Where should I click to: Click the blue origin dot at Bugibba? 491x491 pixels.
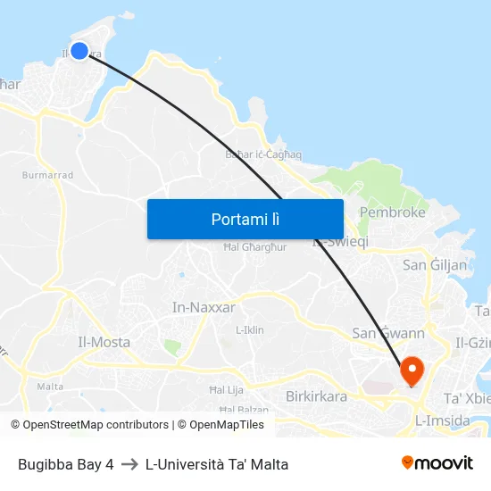[79, 51]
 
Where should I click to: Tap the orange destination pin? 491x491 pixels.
[412, 370]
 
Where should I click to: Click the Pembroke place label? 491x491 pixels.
[392, 212]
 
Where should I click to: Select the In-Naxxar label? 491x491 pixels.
[204, 307]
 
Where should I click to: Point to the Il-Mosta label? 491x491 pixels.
[104, 342]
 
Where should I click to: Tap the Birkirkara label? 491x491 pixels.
[316, 395]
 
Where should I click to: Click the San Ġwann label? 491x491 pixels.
[388, 333]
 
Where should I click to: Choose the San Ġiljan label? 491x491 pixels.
[435, 265]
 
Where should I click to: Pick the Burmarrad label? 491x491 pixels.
[47, 175]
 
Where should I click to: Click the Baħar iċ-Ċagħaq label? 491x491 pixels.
[263, 154]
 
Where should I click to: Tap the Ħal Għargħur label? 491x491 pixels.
[254, 247]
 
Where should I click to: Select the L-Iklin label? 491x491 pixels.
[249, 329]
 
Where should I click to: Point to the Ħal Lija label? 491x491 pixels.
[226, 390]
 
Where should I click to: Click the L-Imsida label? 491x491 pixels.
[442, 419]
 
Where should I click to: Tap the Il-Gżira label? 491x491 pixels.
[472, 343]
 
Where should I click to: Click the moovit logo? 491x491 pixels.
[437, 462]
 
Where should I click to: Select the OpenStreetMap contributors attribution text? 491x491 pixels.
[89, 425]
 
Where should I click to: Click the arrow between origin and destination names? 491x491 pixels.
[129, 464]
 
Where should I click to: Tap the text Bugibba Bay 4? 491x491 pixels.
[66, 464]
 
